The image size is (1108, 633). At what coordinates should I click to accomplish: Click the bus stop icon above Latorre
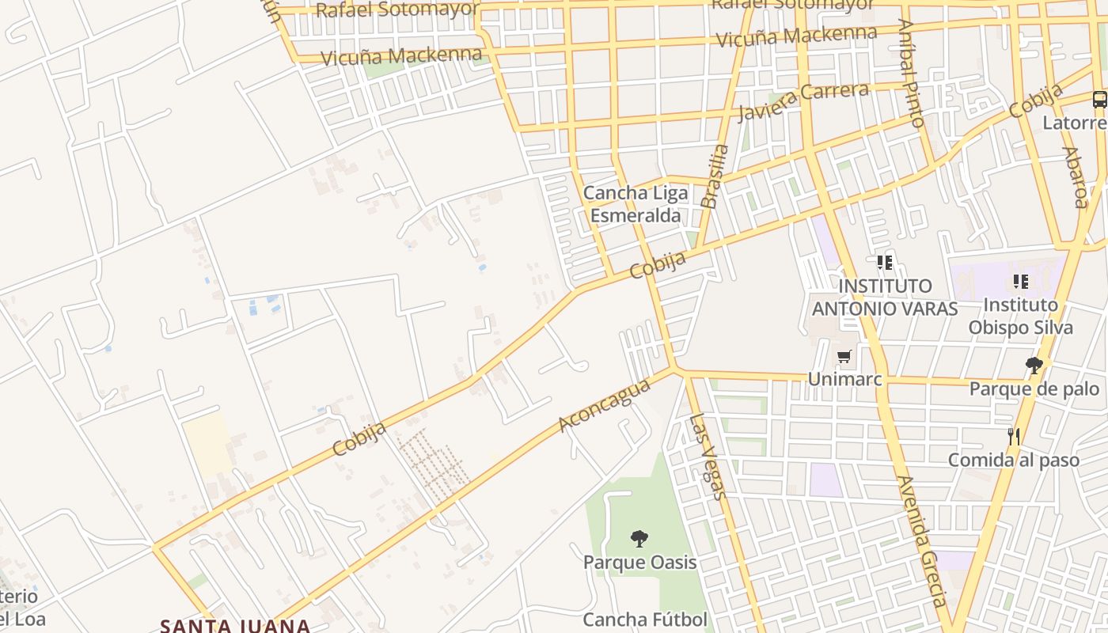tap(1099, 100)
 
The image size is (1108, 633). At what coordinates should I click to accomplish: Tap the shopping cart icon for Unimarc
tap(844, 357)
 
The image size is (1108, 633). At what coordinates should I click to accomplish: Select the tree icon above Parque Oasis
tap(639, 539)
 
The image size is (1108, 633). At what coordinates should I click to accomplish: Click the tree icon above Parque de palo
tap(1034, 365)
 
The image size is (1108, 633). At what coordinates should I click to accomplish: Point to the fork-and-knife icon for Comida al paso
tap(1013, 436)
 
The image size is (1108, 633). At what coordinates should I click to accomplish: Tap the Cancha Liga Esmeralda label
tap(636, 204)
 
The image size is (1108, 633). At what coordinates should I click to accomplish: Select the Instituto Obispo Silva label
tap(1020, 316)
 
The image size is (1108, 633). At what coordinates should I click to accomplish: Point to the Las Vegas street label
tap(708, 457)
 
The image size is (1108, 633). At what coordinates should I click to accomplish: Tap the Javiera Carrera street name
tap(803, 101)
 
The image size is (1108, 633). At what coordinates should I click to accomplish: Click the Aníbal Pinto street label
tap(911, 74)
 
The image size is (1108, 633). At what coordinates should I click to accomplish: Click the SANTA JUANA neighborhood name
tap(235, 625)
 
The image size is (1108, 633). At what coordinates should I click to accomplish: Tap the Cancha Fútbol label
tap(645, 619)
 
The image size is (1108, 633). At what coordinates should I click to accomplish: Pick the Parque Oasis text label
tap(639, 563)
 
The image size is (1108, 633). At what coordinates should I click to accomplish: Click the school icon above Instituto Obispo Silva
tap(1020, 281)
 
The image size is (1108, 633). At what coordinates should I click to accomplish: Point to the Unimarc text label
tap(844, 380)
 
